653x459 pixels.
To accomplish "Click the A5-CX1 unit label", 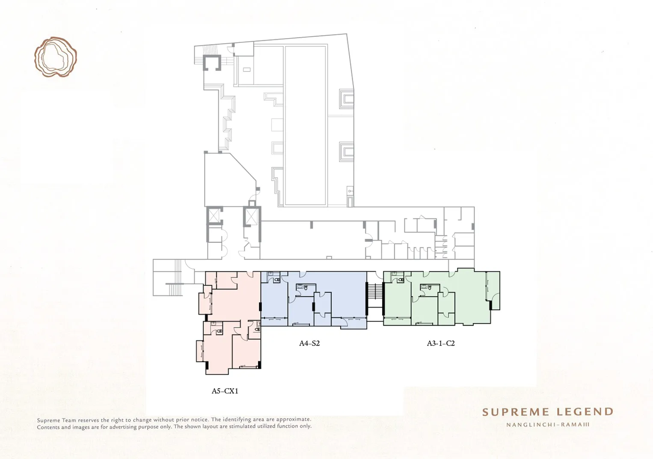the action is pos(225,391).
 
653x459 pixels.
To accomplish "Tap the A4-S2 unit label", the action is pos(309,343).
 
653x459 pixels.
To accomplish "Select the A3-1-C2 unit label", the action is pos(441,343).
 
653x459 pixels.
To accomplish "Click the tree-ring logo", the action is pos(55,57).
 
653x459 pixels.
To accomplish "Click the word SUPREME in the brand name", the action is pos(516,412).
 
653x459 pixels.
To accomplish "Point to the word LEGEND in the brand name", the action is pos(585,412).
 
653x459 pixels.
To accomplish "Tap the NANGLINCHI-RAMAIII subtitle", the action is pos(548,425).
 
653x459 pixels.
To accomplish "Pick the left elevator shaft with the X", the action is pos(214,216).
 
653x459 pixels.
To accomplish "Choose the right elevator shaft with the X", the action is pos(252,216).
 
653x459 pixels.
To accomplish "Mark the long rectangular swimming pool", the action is pos(305,125).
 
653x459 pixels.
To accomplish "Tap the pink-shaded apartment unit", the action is pos(230,322).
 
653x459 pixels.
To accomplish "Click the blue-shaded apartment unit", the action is pos(314,299).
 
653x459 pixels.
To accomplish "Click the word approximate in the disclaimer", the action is pos(294,419).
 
